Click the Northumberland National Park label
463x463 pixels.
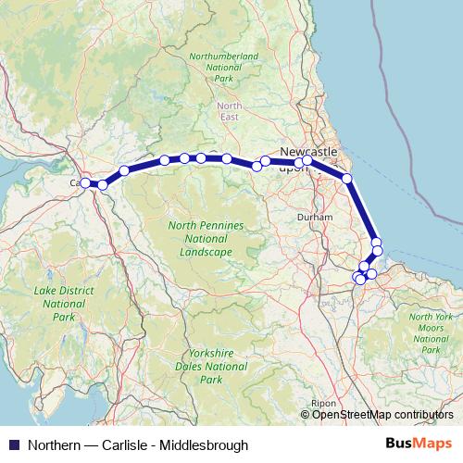[223, 68]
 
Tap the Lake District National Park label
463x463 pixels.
[64, 303]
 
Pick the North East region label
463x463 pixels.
[230, 111]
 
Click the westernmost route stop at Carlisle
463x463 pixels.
[84, 183]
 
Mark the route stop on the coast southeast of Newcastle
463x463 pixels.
[346, 178]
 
